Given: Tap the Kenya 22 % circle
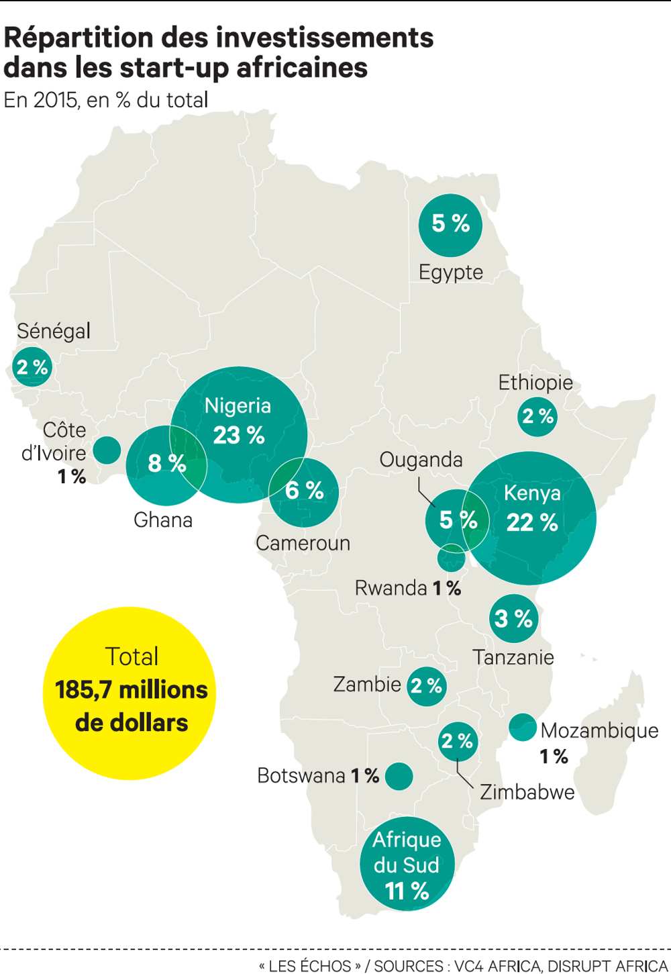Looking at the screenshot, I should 531,517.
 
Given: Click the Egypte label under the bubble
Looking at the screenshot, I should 450,273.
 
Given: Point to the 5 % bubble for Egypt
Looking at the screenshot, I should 450,225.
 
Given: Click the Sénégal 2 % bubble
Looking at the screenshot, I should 32,367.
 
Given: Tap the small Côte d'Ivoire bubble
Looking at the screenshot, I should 107,450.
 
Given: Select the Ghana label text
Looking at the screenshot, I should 163,520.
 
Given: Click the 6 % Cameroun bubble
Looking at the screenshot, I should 305,492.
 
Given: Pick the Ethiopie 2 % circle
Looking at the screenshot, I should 537,416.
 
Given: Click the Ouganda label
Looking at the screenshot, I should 421,460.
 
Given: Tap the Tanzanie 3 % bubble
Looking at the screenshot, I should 513,618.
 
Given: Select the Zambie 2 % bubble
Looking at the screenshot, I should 427,686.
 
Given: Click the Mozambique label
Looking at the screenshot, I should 599,730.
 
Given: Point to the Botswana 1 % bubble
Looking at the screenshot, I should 399,776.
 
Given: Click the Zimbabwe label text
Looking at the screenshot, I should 527,792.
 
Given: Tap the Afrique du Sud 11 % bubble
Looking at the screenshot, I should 407,864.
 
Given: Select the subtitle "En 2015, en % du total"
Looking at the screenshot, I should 106,100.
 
